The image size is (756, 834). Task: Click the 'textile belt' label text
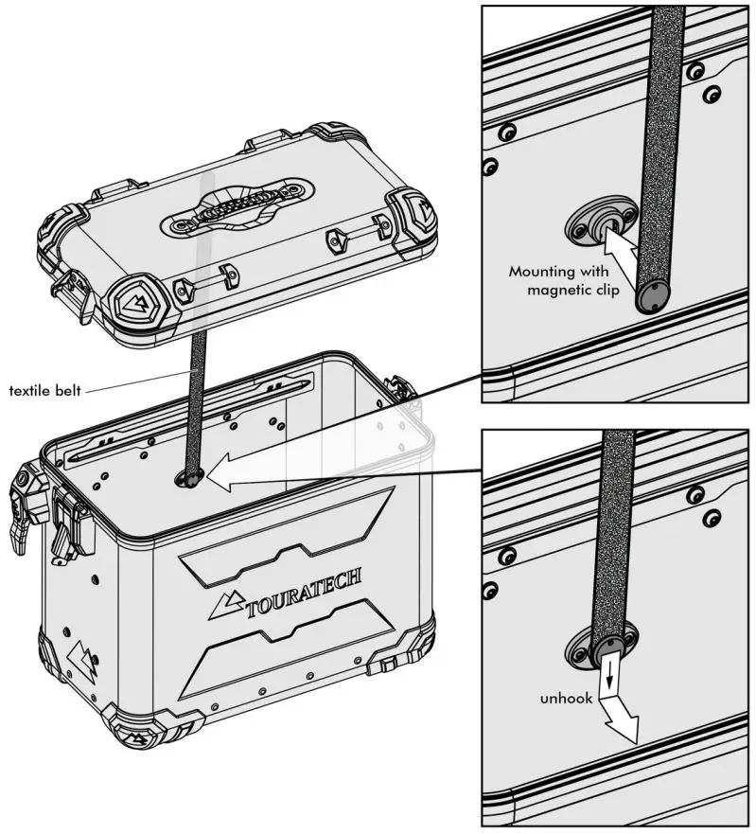(47, 389)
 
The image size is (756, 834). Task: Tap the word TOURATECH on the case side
(302, 591)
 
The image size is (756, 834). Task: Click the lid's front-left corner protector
(133, 300)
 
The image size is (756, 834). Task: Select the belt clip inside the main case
(188, 480)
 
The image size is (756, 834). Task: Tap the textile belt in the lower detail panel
(617, 530)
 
